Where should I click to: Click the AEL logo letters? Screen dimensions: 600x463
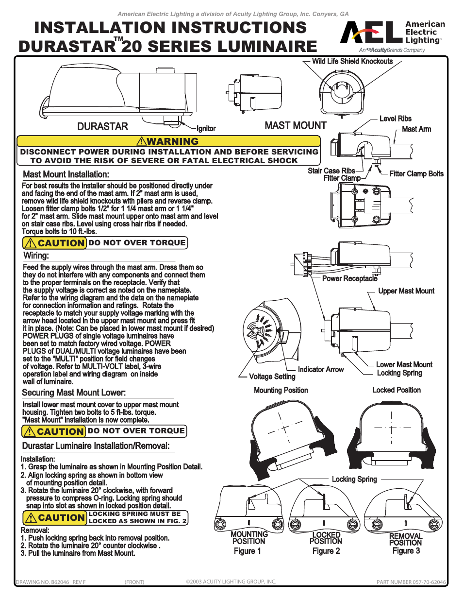(x=371, y=33)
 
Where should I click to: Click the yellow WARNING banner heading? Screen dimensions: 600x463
(x=168, y=141)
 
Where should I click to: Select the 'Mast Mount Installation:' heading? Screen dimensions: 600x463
(x=66, y=174)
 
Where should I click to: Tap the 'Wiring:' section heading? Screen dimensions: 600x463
(x=36, y=256)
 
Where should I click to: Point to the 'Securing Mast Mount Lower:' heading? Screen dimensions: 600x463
(x=74, y=393)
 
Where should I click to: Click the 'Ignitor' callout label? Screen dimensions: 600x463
(x=206, y=128)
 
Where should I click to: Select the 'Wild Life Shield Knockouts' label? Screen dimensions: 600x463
(x=352, y=61)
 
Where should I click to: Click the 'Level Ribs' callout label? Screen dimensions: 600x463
(x=395, y=119)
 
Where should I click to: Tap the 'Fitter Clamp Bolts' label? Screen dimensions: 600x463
(x=416, y=173)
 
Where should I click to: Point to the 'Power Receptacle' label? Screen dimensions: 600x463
(x=349, y=278)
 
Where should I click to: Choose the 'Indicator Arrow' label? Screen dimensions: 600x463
(x=320, y=369)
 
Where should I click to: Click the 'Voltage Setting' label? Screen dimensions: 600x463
(x=272, y=377)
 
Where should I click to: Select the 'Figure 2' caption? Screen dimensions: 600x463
(x=326, y=551)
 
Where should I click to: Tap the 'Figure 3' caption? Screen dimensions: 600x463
(x=406, y=551)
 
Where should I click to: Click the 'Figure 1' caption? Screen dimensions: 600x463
(x=247, y=551)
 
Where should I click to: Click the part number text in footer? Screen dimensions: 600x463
(x=411, y=582)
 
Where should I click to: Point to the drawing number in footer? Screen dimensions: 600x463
(x=50, y=582)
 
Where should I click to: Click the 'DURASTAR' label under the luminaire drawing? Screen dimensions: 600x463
(x=102, y=126)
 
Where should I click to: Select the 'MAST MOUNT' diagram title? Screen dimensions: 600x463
(x=296, y=125)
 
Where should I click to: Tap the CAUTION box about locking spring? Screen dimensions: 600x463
(x=105, y=517)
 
